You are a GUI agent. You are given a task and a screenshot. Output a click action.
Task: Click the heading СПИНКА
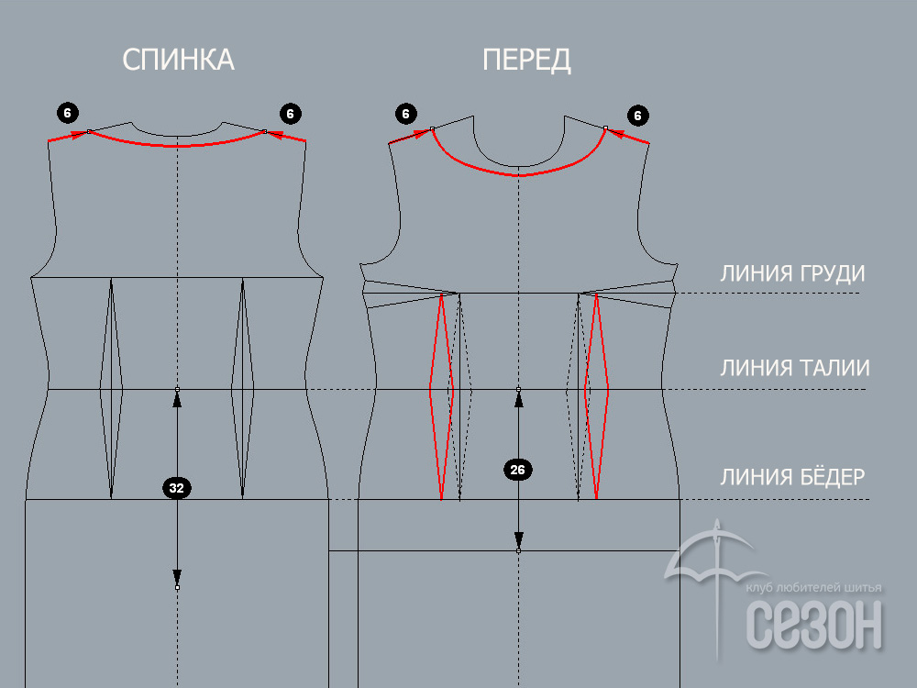(x=178, y=60)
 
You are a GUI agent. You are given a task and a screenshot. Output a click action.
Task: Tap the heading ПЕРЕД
(x=526, y=60)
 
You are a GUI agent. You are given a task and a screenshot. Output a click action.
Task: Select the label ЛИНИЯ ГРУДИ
(x=792, y=273)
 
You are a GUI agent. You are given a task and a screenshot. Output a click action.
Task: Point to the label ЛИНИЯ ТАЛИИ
(x=795, y=368)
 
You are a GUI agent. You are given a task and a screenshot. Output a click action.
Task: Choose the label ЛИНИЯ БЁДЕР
(x=792, y=476)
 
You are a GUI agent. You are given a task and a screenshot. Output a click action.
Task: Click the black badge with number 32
(x=177, y=488)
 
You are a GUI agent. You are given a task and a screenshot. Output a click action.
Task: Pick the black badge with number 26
(x=517, y=470)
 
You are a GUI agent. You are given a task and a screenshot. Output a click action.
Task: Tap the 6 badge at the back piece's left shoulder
(x=67, y=113)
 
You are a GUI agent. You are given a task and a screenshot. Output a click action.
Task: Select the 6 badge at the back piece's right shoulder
(x=290, y=114)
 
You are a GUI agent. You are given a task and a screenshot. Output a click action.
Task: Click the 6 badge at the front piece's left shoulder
(x=406, y=114)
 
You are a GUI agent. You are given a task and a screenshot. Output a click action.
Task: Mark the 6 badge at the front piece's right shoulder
(x=637, y=116)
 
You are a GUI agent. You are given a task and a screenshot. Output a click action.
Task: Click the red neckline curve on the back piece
(x=177, y=145)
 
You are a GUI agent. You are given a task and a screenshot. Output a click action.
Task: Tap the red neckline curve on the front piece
(x=519, y=175)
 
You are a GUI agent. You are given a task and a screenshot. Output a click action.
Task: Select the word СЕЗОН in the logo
(x=814, y=625)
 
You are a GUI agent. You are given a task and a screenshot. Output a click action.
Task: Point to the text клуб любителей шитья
(x=813, y=587)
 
